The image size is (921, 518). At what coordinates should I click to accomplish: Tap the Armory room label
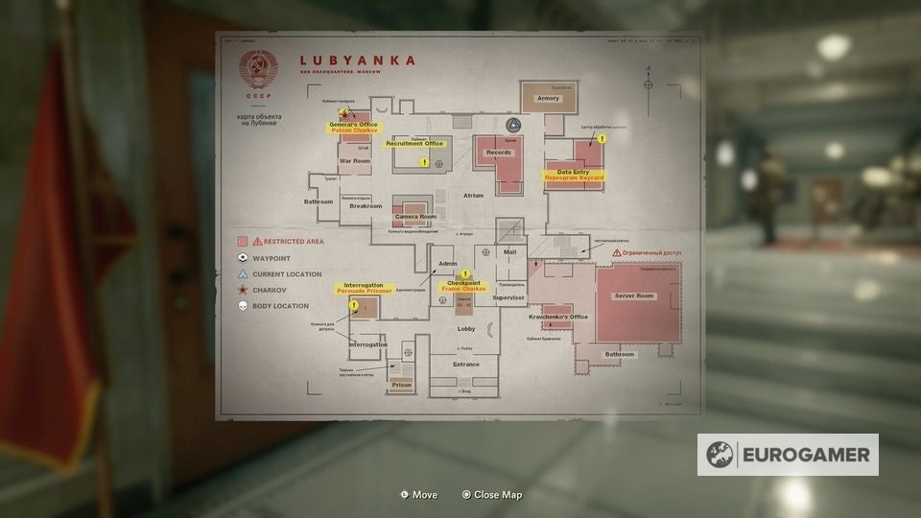pyautogui.click(x=548, y=98)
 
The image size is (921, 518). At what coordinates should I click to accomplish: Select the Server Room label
pyautogui.click(x=633, y=295)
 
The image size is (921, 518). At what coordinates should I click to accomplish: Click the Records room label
pyautogui.click(x=499, y=153)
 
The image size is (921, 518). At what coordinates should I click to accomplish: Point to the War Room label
pyautogui.click(x=354, y=160)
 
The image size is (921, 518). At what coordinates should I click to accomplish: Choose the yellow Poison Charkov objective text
pyautogui.click(x=354, y=131)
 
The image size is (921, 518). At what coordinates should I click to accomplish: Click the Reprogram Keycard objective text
pyautogui.click(x=575, y=178)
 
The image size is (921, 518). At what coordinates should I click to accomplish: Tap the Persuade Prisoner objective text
pyautogui.click(x=364, y=291)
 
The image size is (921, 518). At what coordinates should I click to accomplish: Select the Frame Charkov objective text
pyautogui.click(x=463, y=289)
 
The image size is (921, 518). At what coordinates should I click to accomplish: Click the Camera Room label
pyautogui.click(x=415, y=217)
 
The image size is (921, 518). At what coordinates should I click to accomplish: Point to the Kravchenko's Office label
pyautogui.click(x=558, y=317)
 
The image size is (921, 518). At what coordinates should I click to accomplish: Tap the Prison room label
pyautogui.click(x=401, y=385)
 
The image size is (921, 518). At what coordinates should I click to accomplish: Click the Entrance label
pyautogui.click(x=466, y=365)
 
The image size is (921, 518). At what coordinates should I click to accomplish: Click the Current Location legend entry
pyautogui.click(x=280, y=274)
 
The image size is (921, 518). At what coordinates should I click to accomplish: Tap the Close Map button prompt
pyautogui.click(x=492, y=495)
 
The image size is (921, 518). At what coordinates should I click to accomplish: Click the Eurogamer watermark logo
pyautogui.click(x=788, y=455)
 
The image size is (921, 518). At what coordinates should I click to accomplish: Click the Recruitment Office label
pyautogui.click(x=414, y=144)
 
